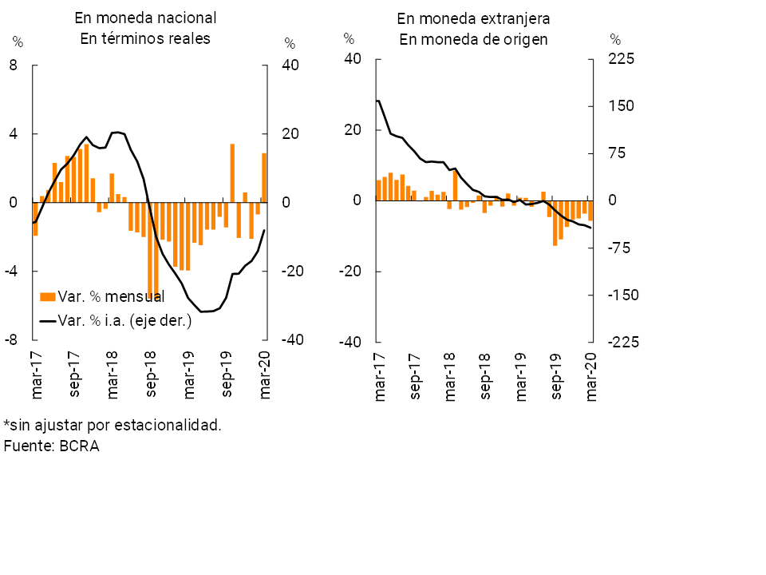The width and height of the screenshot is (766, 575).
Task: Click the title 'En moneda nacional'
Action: point(145,18)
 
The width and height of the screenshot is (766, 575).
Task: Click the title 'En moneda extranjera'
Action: point(473,18)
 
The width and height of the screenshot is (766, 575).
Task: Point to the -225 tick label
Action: point(622,342)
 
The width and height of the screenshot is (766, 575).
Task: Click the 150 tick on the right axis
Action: point(621,106)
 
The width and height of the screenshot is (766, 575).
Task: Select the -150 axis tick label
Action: point(622,295)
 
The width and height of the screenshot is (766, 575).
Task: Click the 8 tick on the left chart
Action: point(13,65)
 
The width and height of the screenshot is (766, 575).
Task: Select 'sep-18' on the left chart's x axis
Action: point(151,375)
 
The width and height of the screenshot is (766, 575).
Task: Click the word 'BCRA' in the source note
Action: point(79,446)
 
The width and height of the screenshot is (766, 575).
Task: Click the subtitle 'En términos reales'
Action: point(145,39)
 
